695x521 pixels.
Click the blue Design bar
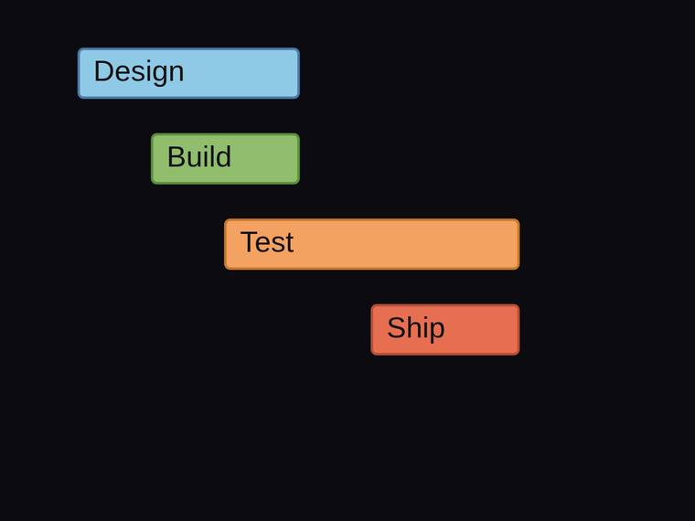click(x=188, y=73)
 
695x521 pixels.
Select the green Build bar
click(x=226, y=159)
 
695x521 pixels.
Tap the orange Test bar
click(x=372, y=244)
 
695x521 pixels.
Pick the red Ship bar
click(x=445, y=330)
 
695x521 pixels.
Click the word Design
click(x=139, y=72)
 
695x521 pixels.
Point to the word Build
click(x=199, y=156)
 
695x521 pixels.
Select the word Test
click(x=267, y=242)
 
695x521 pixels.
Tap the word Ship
click(x=416, y=329)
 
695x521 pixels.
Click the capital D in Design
click(x=103, y=71)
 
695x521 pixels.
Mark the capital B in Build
click(x=176, y=156)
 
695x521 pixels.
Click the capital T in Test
click(x=250, y=242)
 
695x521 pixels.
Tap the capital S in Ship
click(x=397, y=327)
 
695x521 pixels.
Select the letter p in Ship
click(x=437, y=331)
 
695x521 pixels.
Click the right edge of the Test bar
click(x=519, y=244)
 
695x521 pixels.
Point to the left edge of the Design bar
click(x=78, y=73)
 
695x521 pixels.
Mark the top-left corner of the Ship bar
click(x=371, y=305)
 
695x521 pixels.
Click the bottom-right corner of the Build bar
click(x=299, y=183)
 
